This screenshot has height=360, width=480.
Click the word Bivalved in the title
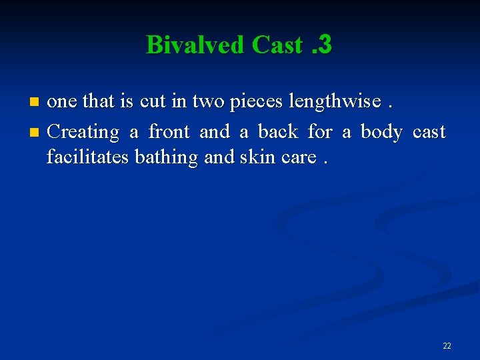click(195, 45)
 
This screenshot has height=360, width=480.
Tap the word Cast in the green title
click(277, 45)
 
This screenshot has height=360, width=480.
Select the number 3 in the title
click(325, 45)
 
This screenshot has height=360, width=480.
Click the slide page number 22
click(447, 345)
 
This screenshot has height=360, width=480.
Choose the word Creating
click(83, 131)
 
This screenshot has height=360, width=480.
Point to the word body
click(381, 131)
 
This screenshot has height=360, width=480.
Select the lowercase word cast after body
click(429, 131)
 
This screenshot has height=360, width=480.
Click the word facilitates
click(88, 157)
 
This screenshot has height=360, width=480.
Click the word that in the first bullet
click(98, 101)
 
